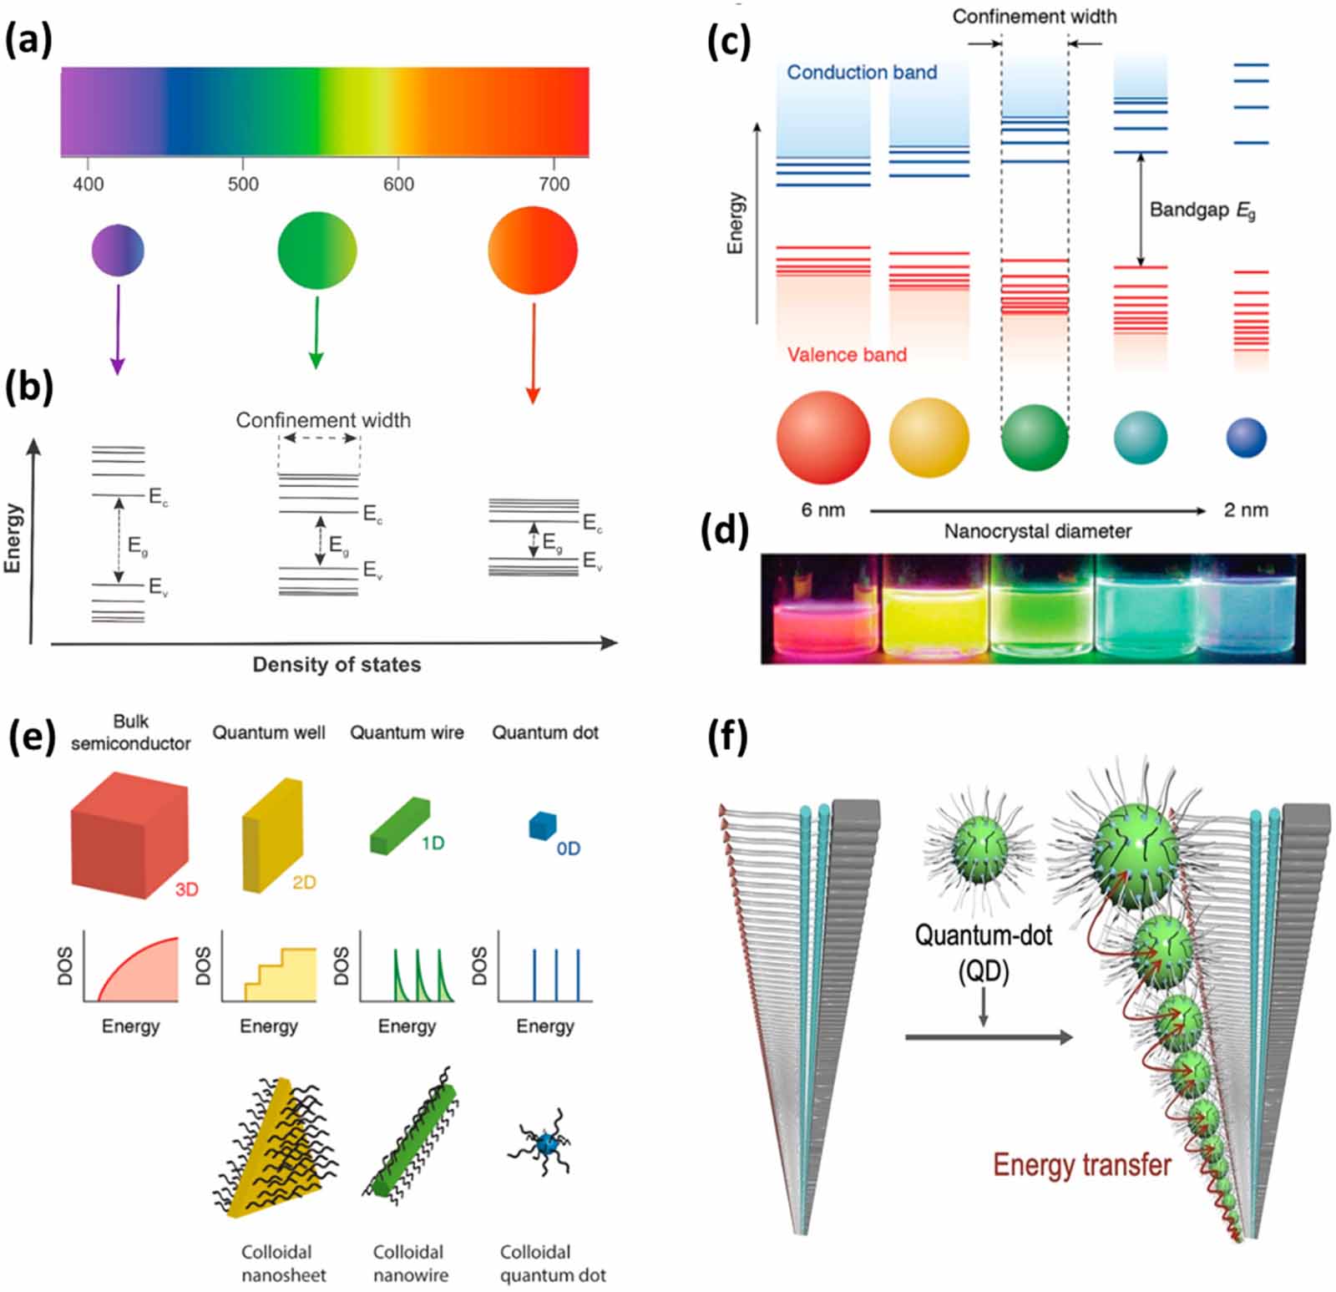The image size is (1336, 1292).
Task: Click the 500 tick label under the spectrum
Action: click(x=243, y=184)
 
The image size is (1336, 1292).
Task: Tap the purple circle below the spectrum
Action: click(x=118, y=250)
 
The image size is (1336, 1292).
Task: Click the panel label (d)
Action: click(x=727, y=529)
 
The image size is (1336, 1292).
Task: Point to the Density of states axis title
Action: click(x=337, y=665)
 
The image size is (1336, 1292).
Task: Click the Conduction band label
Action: click(x=862, y=73)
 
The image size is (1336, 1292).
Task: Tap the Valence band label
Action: click(x=847, y=355)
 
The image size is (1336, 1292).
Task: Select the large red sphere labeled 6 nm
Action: click(x=822, y=438)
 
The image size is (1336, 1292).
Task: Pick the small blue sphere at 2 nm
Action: click(x=1246, y=438)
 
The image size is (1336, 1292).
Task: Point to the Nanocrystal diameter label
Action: click(x=1038, y=532)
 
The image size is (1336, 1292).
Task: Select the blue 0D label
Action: click(x=568, y=849)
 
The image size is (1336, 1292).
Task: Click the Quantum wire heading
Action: click(x=407, y=732)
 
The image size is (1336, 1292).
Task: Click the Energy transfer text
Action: click(x=1081, y=1165)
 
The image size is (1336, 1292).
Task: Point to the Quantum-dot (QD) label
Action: click(x=983, y=952)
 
